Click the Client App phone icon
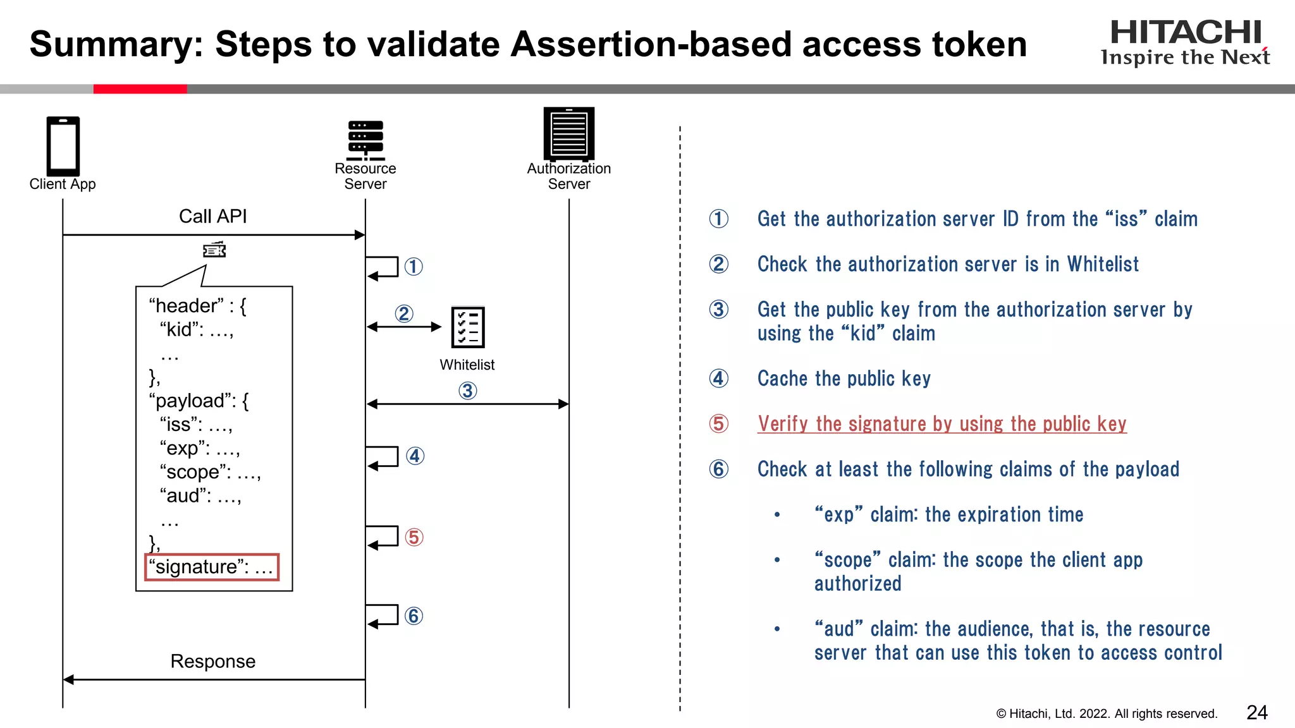click(63, 146)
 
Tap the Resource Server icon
click(365, 140)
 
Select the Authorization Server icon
click(569, 133)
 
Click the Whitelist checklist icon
click(468, 327)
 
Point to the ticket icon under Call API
click(214, 250)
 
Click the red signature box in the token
click(212, 567)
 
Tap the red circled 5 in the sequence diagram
click(414, 537)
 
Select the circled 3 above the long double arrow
click(467, 391)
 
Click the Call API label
click(212, 216)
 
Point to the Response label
click(212, 661)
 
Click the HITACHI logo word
click(1186, 33)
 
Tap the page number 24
click(1256, 712)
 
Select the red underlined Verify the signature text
click(942, 423)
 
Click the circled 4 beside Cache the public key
click(718, 379)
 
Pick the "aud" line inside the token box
click(200, 495)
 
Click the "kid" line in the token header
click(197, 329)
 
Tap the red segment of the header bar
click(140, 89)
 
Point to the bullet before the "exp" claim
click(777, 515)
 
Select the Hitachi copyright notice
click(1106, 713)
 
